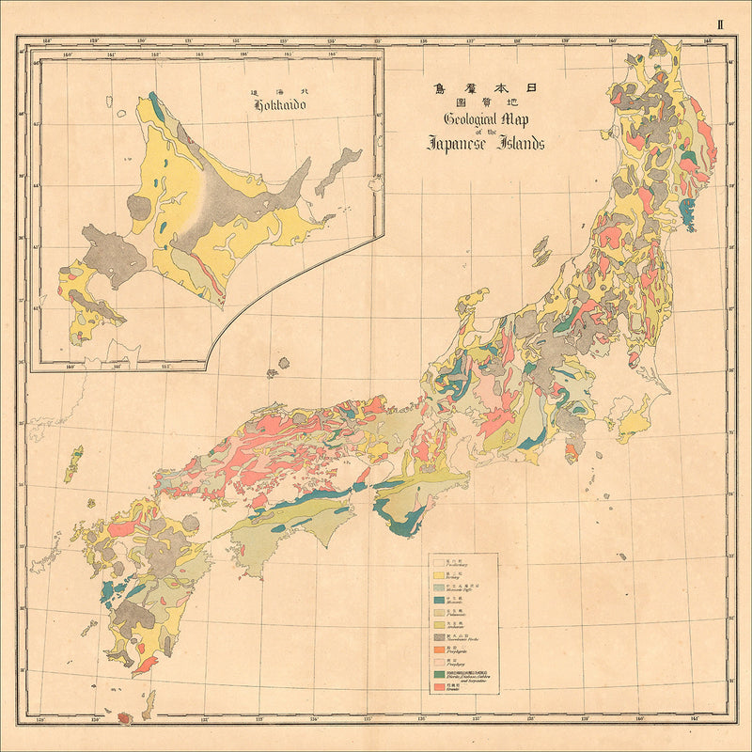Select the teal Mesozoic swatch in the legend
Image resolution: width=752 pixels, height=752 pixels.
[x=438, y=601]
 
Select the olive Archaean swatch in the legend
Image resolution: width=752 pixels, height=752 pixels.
[x=438, y=626]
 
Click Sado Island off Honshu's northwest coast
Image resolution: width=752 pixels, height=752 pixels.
[x=540, y=251]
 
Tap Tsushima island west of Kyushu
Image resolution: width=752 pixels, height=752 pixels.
[x=72, y=463]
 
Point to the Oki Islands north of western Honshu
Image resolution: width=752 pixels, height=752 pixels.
[x=274, y=373]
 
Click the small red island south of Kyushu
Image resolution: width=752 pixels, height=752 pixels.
[x=123, y=718]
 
